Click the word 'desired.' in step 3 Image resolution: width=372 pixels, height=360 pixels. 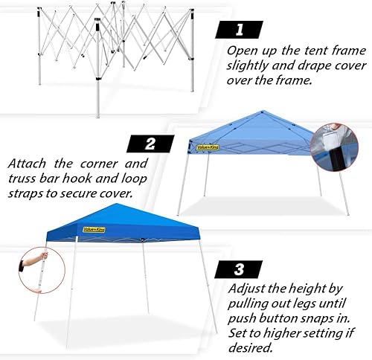tap(251, 347)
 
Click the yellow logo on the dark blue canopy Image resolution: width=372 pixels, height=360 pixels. tap(93, 230)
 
